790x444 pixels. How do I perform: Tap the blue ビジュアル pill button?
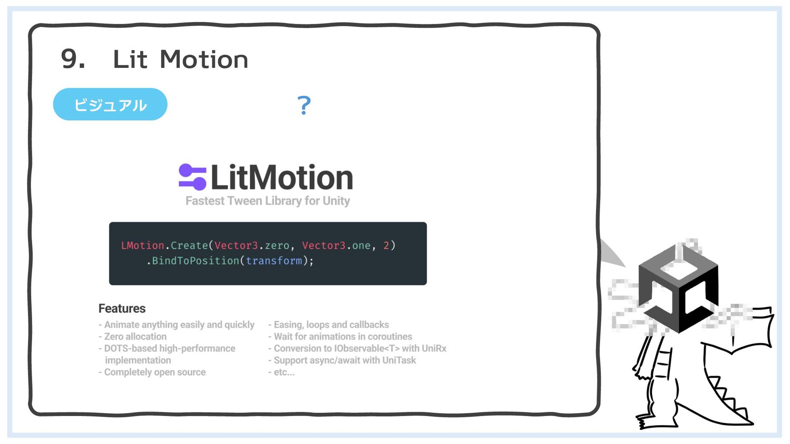[x=110, y=104]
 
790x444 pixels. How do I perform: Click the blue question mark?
[x=304, y=105]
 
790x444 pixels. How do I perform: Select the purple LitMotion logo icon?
[x=192, y=177]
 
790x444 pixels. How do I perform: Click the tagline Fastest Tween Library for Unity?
[x=267, y=201]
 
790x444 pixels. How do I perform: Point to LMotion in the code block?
[x=142, y=245]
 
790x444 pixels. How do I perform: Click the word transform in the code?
[x=274, y=261]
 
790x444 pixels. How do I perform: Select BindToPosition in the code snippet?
[x=195, y=261]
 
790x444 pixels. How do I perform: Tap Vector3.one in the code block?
[x=336, y=245]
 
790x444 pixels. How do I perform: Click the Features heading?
[x=122, y=308]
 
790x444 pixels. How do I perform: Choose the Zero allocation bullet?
[x=135, y=337]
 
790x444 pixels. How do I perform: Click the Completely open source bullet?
[x=155, y=372]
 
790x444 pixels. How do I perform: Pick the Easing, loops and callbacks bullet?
[x=331, y=325]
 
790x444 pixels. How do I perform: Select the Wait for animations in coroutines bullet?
[x=343, y=337]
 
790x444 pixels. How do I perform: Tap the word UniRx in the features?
[x=434, y=349]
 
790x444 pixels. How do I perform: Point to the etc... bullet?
[x=284, y=372]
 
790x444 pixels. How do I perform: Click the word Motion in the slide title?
[x=204, y=59]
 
